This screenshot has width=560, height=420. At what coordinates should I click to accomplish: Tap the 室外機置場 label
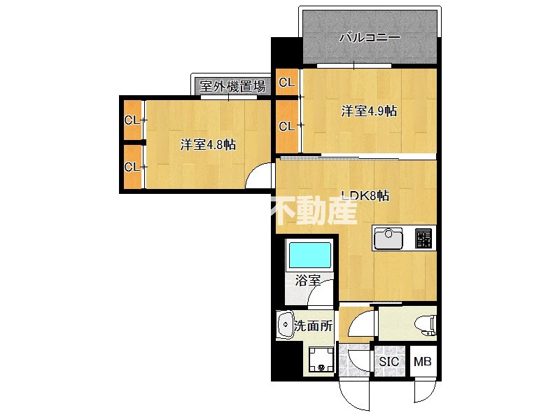pyautogui.click(x=232, y=87)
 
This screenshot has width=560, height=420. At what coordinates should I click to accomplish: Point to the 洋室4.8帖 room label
pyautogui.click(x=207, y=145)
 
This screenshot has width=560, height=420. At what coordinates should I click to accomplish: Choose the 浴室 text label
pyautogui.click(x=307, y=281)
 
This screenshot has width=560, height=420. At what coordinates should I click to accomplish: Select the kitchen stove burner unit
pyautogui.click(x=423, y=238)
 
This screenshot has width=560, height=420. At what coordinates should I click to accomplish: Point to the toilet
pyautogui.click(x=426, y=323)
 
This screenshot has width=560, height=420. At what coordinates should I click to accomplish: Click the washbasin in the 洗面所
pyautogui.click(x=285, y=324)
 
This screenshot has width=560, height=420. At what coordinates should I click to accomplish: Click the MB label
pyautogui.click(x=422, y=361)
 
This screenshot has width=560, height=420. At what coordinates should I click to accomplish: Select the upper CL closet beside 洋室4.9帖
pyautogui.click(x=286, y=83)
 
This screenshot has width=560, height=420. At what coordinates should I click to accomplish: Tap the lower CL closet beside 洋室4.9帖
pyautogui.click(x=286, y=126)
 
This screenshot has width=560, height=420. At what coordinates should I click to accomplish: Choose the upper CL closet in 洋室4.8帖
pyautogui.click(x=133, y=120)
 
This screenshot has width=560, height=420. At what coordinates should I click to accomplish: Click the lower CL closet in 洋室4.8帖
pyautogui.click(x=133, y=167)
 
